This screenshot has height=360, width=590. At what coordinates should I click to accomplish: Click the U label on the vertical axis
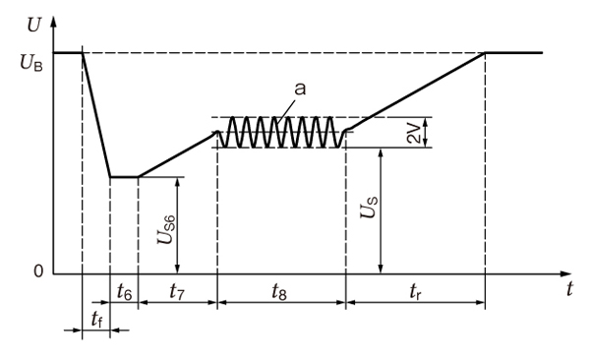click(33, 25)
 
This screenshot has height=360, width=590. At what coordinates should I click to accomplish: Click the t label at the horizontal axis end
click(570, 289)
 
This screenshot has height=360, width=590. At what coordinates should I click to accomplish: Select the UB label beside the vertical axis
click(31, 63)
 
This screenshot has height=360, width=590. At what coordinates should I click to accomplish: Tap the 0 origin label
click(38, 270)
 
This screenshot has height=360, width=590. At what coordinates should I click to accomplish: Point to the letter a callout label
click(300, 90)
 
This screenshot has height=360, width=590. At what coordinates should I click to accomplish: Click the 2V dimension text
click(414, 134)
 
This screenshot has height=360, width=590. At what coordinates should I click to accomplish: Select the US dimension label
click(369, 208)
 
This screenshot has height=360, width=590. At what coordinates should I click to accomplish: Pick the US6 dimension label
click(166, 230)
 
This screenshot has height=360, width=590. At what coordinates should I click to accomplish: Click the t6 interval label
click(125, 291)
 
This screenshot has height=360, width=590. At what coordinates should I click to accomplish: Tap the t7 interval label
click(177, 291)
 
